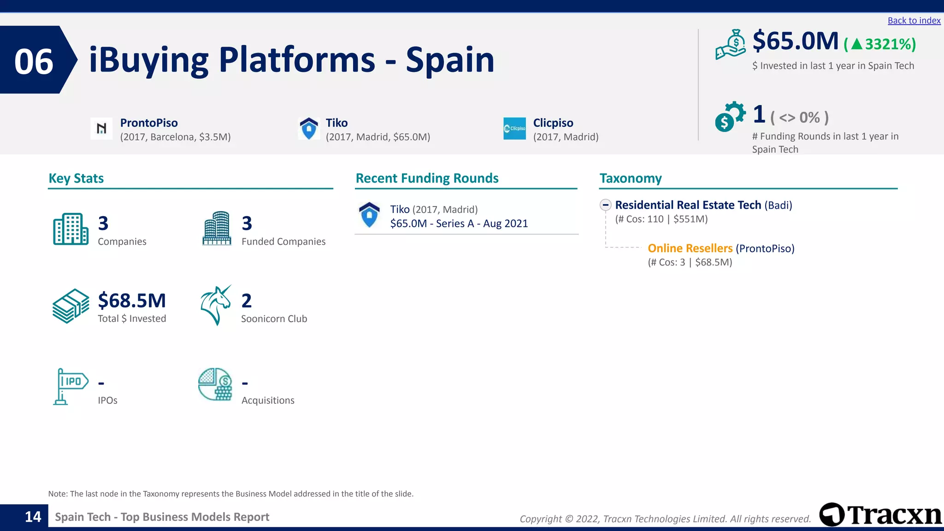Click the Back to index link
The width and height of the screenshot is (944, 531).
914,21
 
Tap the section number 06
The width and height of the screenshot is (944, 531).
34,62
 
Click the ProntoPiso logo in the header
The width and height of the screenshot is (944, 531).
101,128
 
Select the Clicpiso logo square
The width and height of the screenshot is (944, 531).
514,128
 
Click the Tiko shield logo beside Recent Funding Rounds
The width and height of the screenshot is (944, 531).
369,215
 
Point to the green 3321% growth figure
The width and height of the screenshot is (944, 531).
880,44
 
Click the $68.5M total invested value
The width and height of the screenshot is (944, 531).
132,301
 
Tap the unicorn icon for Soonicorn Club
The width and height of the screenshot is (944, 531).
216,305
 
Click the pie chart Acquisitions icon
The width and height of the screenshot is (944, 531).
215,384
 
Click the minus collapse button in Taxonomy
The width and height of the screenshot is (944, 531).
606,205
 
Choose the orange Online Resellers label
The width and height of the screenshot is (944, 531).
690,248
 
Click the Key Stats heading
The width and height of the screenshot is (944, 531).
76,178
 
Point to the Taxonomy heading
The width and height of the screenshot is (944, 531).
630,178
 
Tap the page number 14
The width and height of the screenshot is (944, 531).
33,517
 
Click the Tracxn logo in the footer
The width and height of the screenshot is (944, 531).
880,515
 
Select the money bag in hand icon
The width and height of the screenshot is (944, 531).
731,45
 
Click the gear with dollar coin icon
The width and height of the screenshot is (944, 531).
730,117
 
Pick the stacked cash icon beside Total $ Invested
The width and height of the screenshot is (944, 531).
71,306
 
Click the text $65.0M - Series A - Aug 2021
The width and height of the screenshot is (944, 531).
459,224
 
